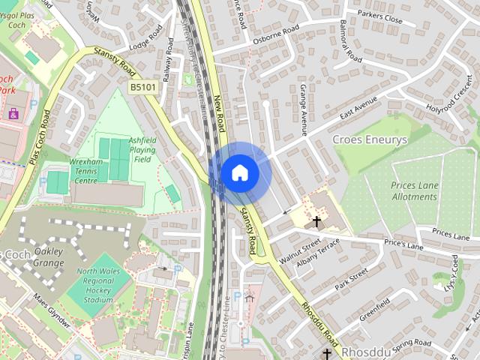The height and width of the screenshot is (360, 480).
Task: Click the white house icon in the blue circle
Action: click(x=239, y=172)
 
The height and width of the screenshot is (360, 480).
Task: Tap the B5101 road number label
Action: click(x=143, y=88)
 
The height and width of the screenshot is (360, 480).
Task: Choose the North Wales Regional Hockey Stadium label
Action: click(x=99, y=285)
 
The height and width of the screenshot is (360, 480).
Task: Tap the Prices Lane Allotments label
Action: click(x=413, y=190)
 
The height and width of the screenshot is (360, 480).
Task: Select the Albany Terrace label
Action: click(x=318, y=255)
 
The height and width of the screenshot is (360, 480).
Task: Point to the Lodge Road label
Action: click(x=145, y=40)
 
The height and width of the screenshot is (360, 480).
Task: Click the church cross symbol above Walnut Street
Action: click(x=316, y=221)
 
